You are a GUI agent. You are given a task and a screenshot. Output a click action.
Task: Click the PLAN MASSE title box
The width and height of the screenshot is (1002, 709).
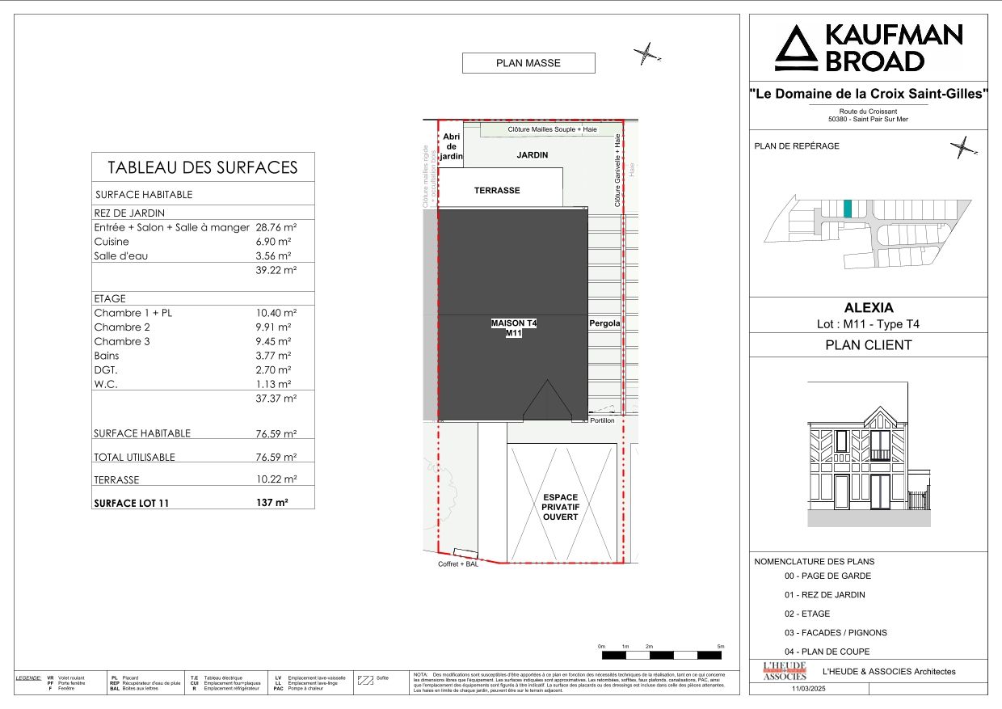tap(528, 63)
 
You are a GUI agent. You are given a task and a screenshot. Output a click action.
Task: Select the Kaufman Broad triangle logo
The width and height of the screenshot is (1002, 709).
tap(796, 48)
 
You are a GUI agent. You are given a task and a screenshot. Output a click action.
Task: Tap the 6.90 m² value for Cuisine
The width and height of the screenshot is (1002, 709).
tap(273, 242)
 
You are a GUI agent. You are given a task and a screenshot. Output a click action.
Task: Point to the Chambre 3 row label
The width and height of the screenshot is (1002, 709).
tap(122, 342)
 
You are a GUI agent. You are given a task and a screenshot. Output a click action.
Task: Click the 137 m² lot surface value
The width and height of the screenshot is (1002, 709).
tap(272, 502)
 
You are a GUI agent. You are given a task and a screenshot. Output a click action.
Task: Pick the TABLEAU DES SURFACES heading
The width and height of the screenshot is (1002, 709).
tap(203, 167)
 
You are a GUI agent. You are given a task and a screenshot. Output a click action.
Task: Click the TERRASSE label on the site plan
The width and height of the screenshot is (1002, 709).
tap(497, 191)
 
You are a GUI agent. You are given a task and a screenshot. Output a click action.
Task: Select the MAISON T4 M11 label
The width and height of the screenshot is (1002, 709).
tap(514, 327)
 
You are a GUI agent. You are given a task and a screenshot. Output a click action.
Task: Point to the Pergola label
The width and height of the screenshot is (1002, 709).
tap(604, 323)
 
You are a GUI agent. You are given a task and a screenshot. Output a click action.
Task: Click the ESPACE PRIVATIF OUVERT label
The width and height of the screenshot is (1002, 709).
tap(561, 507)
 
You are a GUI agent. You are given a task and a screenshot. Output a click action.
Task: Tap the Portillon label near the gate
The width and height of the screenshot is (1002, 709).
tap(602, 421)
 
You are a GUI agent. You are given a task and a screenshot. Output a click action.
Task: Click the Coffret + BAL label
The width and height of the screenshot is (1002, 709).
tap(458, 565)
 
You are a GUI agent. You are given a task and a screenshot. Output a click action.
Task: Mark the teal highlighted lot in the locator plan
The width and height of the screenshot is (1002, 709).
tap(848, 209)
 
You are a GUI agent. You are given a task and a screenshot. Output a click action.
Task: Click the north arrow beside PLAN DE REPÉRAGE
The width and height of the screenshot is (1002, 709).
tap(963, 147)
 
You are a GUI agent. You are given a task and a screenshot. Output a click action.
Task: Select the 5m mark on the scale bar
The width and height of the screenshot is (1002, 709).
tap(721, 647)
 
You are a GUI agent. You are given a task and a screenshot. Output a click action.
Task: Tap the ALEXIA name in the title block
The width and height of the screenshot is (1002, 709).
tap(869, 308)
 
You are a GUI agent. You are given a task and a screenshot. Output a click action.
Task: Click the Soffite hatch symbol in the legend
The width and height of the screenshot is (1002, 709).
tap(365, 680)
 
